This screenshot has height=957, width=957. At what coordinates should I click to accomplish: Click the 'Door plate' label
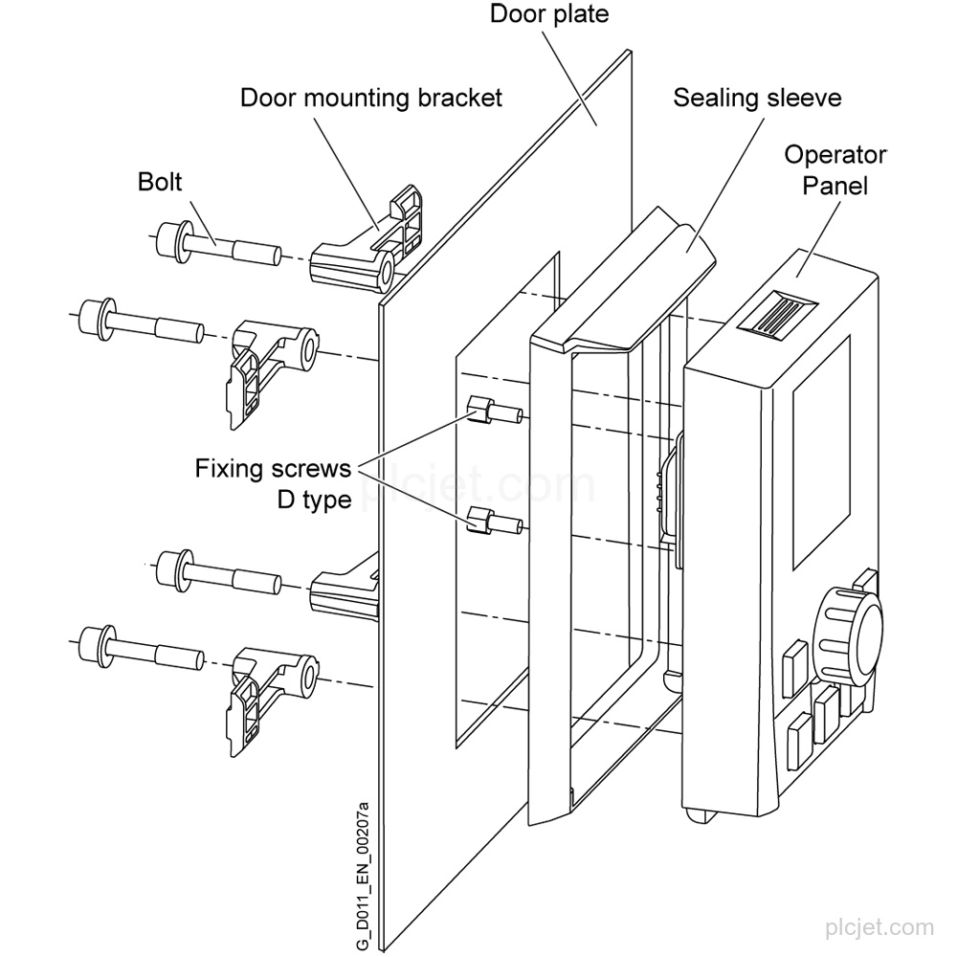549,14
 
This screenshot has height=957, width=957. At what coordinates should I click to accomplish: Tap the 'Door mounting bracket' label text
371,98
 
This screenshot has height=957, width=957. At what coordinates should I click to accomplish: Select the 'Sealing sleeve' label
757,98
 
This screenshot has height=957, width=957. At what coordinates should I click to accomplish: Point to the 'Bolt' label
160,181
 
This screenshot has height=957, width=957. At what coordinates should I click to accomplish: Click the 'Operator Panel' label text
835,170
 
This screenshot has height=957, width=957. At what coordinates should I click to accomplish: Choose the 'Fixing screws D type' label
273,484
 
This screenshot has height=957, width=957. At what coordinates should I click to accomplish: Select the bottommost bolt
142,648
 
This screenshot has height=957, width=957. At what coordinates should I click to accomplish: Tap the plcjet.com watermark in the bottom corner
879,928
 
